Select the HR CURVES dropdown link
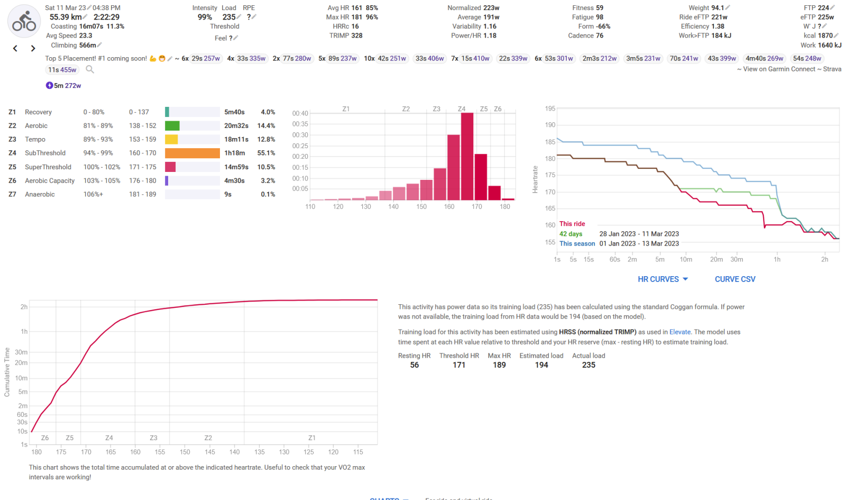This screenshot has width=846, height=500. pyautogui.click(x=663, y=279)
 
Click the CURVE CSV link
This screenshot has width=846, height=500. pyautogui.click(x=735, y=279)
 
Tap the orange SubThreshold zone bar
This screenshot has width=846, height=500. pyautogui.click(x=192, y=153)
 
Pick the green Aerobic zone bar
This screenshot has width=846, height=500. pyautogui.click(x=172, y=126)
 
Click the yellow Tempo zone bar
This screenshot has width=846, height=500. pyautogui.click(x=171, y=140)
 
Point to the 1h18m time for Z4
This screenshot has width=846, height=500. pyautogui.click(x=234, y=153)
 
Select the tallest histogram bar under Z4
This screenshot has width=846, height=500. pyautogui.click(x=467, y=157)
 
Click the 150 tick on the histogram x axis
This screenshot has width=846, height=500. pyautogui.click(x=421, y=207)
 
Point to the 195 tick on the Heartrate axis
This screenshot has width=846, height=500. pyautogui.click(x=550, y=109)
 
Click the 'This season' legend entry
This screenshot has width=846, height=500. pyautogui.click(x=577, y=244)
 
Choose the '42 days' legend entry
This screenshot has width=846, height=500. pyautogui.click(x=571, y=234)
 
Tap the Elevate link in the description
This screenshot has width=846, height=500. pyautogui.click(x=680, y=332)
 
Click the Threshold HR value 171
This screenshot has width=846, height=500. pyautogui.click(x=459, y=365)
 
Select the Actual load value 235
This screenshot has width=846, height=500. pyautogui.click(x=588, y=365)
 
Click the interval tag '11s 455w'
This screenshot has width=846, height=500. pyautogui.click(x=62, y=70)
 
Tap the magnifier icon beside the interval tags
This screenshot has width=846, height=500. pyautogui.click(x=90, y=69)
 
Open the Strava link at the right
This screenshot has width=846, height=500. pyautogui.click(x=832, y=69)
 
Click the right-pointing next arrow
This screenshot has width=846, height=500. pyautogui.click(x=33, y=48)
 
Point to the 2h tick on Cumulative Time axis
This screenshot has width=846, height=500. pyautogui.click(x=24, y=307)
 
